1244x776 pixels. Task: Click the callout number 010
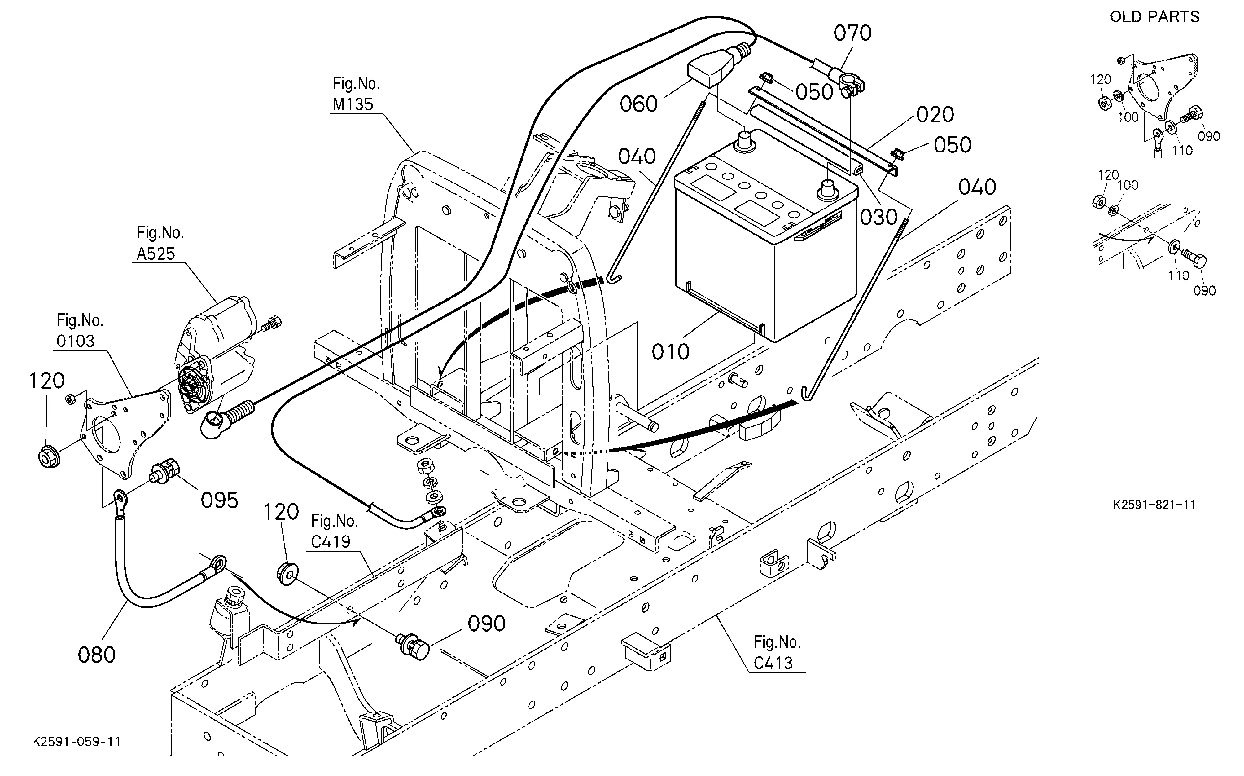[x=670, y=352]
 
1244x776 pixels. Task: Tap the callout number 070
[x=852, y=33]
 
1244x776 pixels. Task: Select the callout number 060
[x=639, y=104]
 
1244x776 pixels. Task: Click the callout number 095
[x=220, y=500]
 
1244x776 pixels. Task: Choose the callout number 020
[x=935, y=114]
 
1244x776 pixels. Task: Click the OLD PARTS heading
[x=1155, y=17]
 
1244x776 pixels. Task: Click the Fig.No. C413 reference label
[x=777, y=652]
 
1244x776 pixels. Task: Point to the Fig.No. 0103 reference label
[x=80, y=331]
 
